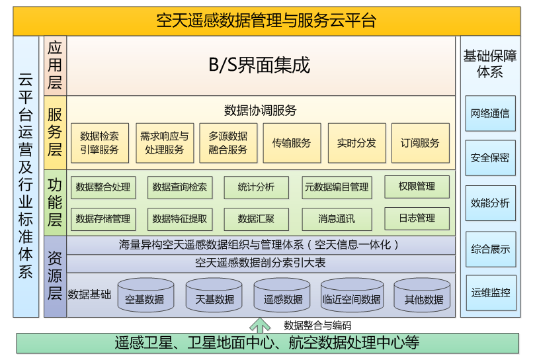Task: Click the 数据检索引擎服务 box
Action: (99, 143)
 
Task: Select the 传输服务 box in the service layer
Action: (291, 143)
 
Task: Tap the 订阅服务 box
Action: (420, 143)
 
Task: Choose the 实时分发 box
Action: (356, 143)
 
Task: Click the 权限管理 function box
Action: (417, 187)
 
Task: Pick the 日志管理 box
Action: (417, 218)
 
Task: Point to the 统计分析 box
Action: (256, 187)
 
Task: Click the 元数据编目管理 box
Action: (336, 187)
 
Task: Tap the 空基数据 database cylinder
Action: (145, 296)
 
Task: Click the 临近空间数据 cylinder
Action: (351, 296)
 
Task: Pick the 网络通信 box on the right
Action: (490, 113)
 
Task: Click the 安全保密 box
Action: (490, 158)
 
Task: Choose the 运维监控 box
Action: (490, 292)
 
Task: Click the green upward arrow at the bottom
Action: (260, 325)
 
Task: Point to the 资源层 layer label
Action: (55, 275)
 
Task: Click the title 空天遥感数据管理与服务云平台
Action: (267, 21)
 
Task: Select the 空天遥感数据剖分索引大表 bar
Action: (260, 263)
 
